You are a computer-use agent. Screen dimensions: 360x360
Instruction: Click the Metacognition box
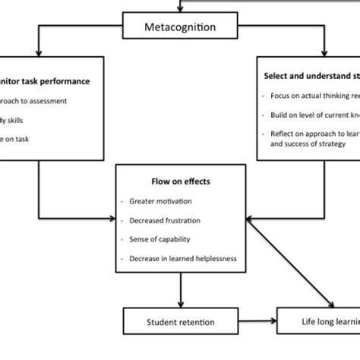click(x=179, y=28)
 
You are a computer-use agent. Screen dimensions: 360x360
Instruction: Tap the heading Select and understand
click(x=311, y=77)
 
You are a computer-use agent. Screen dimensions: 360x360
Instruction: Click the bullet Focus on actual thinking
click(x=314, y=96)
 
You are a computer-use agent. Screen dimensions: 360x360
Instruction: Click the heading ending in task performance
click(x=43, y=81)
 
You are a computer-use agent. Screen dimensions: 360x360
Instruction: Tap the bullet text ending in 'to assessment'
click(x=38, y=100)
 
